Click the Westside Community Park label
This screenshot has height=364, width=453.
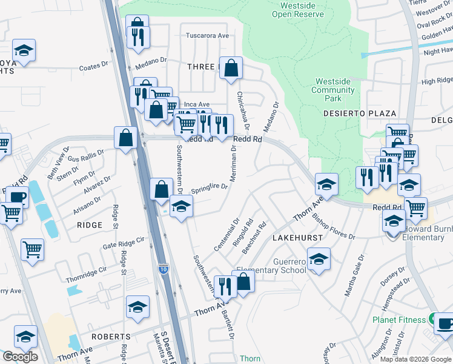point(333,90)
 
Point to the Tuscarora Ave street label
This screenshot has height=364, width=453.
point(207,36)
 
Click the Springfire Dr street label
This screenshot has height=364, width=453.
point(209,188)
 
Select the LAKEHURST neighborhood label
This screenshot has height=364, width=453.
point(297,238)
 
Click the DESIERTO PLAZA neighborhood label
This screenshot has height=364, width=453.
point(368,113)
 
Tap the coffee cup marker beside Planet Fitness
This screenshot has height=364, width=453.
point(445,323)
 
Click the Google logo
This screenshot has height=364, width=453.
point(20,357)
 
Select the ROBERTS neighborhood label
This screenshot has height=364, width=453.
point(110,336)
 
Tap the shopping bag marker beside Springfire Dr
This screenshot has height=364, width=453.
point(161,189)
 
